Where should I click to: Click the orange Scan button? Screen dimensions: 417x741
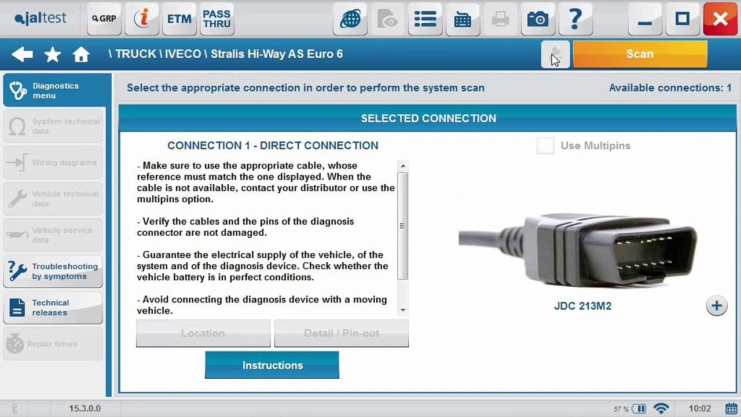[640, 54]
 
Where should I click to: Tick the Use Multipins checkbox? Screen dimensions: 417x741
[545, 146]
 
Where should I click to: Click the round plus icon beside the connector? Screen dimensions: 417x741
[716, 306]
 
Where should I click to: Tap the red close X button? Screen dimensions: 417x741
[720, 19]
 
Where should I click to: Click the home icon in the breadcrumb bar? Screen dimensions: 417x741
[81, 54]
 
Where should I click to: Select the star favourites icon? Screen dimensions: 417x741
[53, 54]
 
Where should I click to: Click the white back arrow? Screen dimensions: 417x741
[22, 54]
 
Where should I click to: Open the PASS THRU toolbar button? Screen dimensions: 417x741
[217, 19]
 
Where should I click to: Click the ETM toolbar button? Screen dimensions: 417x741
[179, 19]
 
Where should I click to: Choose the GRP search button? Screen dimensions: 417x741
[104, 19]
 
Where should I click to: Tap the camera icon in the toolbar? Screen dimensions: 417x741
[537, 19]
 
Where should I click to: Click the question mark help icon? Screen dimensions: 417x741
[575, 19]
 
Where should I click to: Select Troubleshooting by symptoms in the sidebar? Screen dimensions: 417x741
[53, 272]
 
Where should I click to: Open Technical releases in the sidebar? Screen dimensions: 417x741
[53, 308]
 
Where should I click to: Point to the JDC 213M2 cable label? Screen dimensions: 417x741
[582, 306]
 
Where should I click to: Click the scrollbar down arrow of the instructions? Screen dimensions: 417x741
[403, 310]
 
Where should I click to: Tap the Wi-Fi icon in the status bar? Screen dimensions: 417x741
[661, 409]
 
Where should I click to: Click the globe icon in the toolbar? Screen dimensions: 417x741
[350, 19]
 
